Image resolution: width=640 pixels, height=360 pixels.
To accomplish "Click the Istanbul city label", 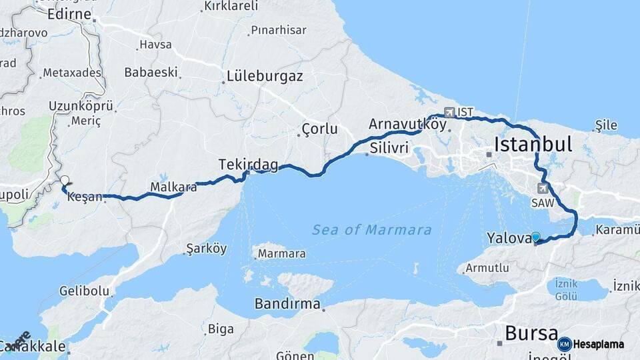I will [533, 144].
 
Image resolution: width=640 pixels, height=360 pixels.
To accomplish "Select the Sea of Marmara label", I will [371, 230].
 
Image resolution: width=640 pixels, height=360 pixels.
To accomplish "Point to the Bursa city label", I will [531, 333].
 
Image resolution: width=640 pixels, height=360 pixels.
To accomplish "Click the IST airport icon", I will [449, 112].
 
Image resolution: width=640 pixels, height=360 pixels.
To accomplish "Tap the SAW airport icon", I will [541, 188].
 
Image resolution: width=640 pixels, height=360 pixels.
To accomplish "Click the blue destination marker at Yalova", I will [535, 237].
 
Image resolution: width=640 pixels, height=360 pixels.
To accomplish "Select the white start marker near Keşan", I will [65, 180].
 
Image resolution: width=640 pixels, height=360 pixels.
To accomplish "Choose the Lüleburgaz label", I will [265, 76].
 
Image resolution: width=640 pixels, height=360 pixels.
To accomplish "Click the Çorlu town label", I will [319, 129].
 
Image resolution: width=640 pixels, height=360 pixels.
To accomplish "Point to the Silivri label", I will [388, 147].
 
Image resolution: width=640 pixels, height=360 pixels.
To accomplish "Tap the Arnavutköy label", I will [407, 124].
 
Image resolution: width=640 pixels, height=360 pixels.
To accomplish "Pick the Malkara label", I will [173, 187].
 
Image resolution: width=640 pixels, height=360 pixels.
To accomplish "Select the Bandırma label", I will [287, 304].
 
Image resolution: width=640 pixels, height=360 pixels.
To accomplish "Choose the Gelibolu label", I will [84, 291].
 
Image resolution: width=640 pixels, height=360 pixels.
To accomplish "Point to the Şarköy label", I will [206, 249].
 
